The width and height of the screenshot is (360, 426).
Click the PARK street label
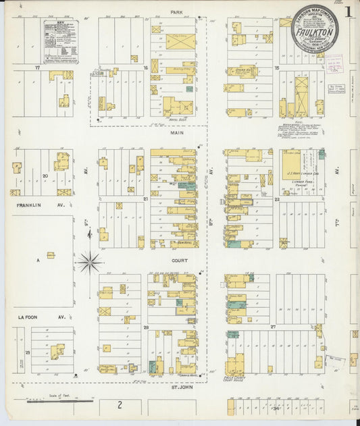click(x=177, y=11)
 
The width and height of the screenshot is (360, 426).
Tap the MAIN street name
click(x=177, y=134)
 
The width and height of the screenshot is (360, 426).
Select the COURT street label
click(x=177, y=257)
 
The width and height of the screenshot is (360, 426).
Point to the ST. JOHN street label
click(x=177, y=388)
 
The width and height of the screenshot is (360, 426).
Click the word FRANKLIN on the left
click(x=24, y=201)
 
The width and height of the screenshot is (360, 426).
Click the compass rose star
click(x=90, y=261)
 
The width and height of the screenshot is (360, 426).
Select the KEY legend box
click(x=61, y=41)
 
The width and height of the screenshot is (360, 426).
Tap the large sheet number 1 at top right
click(x=347, y=12)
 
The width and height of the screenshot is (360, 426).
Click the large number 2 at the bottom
click(x=120, y=405)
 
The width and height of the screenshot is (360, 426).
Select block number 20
click(x=45, y=176)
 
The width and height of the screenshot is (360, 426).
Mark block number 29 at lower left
click(x=28, y=352)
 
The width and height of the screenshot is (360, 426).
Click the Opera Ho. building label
click(x=241, y=69)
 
